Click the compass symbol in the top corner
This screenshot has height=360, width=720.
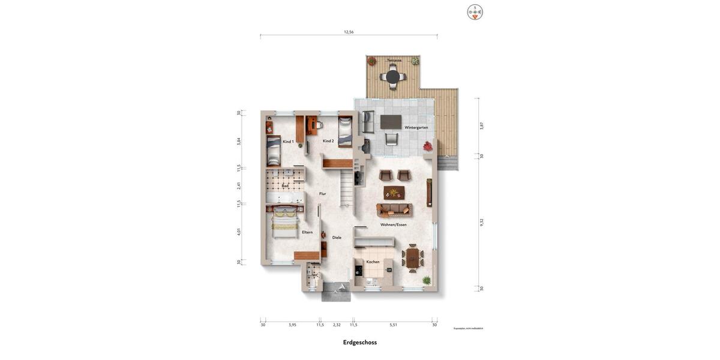click(475, 12)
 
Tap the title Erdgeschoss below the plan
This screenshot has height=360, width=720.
click(360, 343)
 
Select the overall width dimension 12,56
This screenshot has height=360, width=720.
click(349, 32)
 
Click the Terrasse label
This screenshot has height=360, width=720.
click(394, 61)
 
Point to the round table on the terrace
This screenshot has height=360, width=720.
click(393, 77)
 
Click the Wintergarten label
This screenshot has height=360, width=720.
click(416, 128)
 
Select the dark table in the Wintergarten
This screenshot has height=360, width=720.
click(391, 122)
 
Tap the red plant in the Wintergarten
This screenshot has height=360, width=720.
click(428, 146)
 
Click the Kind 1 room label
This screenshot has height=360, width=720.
click(289, 142)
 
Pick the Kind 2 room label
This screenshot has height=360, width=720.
click(328, 141)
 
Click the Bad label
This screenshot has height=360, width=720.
click(285, 186)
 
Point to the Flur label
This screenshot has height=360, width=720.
click(323, 194)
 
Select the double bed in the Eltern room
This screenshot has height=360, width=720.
click(284, 222)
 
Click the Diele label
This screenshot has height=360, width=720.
click(337, 238)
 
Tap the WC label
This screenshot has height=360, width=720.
click(316, 275)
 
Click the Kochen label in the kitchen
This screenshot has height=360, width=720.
click(373, 262)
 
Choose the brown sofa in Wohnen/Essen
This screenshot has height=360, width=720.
click(394, 209)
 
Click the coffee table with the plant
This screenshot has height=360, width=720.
click(394, 193)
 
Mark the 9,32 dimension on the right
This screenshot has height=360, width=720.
click(482, 222)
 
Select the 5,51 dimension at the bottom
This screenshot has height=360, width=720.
click(394, 325)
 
